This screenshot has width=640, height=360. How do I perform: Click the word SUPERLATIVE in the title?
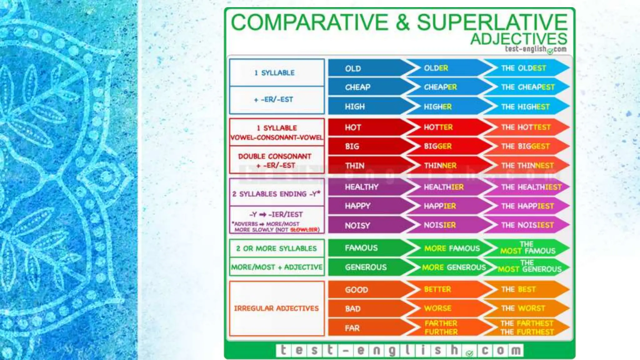point(492,22)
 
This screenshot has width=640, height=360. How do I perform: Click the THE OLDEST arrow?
point(524,68)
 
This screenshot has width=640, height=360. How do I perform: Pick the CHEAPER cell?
point(440,87)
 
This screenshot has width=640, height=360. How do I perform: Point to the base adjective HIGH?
point(355,107)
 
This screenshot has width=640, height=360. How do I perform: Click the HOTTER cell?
point(438,127)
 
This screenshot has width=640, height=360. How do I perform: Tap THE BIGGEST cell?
point(525,146)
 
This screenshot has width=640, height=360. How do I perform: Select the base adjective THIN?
point(355,166)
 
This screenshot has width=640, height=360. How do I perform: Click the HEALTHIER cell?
point(443,187)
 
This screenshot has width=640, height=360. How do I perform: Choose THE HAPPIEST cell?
point(527,206)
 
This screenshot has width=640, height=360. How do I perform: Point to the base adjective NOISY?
point(357,226)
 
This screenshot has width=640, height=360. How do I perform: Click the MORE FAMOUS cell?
point(452,248)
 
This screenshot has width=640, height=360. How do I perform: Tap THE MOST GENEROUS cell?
point(529,267)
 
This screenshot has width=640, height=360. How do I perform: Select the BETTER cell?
point(437,289)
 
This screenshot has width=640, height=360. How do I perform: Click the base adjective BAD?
point(353,309)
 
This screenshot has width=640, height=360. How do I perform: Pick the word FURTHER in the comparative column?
point(441,332)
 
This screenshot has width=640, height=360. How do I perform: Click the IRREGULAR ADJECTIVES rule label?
point(276,308)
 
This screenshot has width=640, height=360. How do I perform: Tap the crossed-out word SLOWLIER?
point(304,230)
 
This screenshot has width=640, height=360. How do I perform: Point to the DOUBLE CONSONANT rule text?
point(275,157)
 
